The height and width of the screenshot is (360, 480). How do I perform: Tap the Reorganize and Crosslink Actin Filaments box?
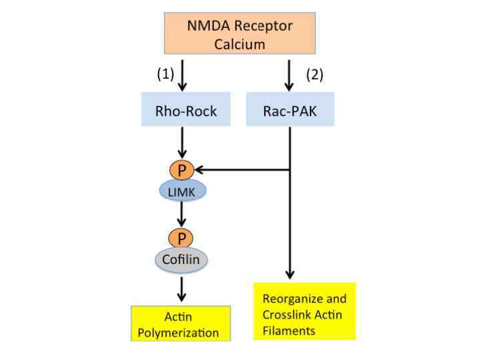coord(305,311)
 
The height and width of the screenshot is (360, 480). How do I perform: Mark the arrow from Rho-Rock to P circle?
coord(183,143)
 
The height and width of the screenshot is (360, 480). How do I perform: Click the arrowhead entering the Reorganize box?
coord(290,274)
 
